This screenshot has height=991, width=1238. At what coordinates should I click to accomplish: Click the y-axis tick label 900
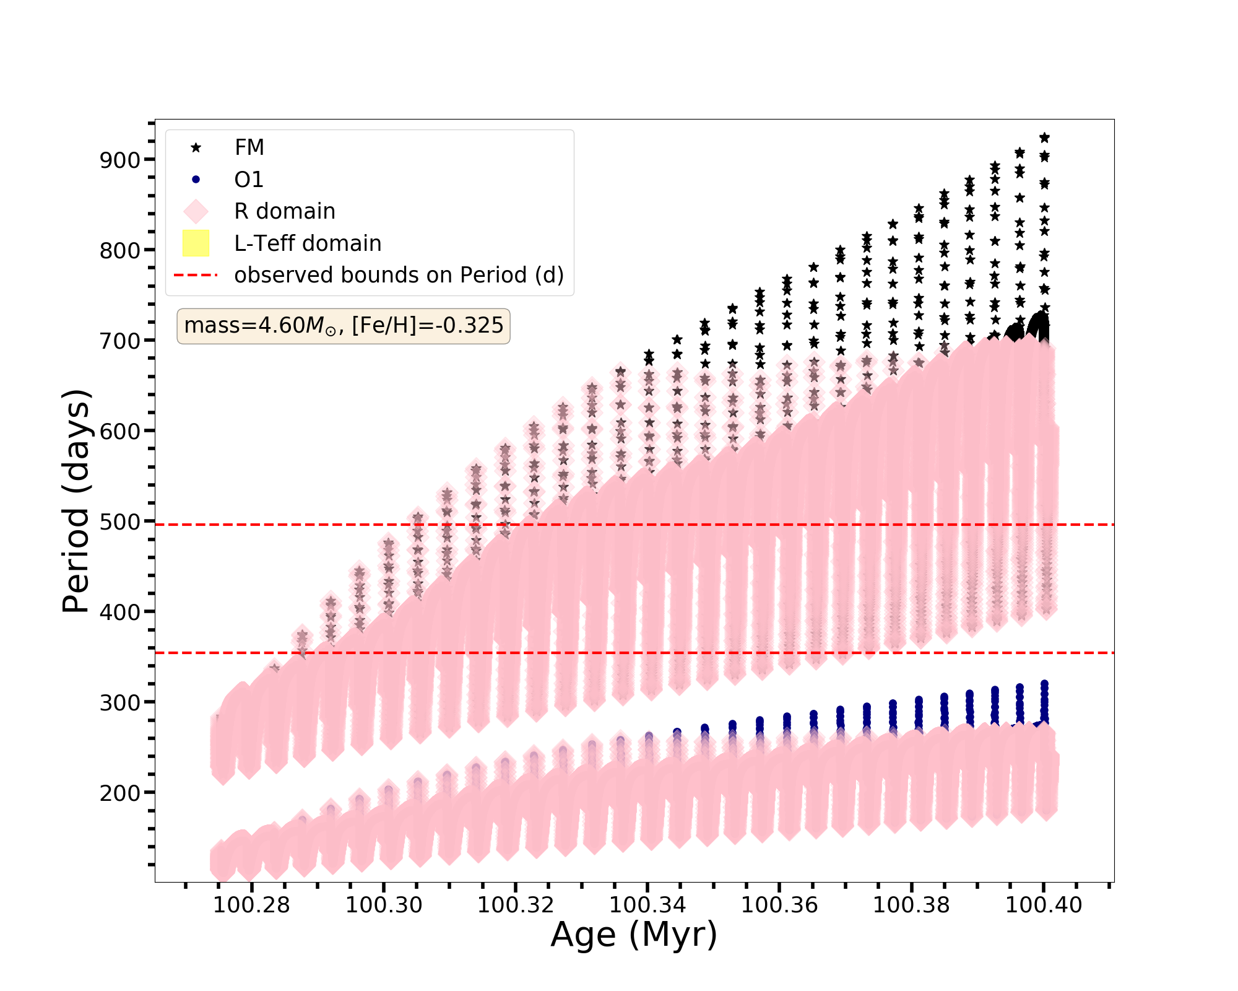click(x=120, y=160)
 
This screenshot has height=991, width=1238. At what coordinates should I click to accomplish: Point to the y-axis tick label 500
click(x=120, y=522)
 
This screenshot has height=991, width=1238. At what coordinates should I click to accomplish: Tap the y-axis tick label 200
click(x=120, y=793)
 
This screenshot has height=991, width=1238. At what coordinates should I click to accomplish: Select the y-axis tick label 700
click(x=120, y=341)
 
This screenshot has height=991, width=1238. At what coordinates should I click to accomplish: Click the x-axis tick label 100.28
click(x=251, y=905)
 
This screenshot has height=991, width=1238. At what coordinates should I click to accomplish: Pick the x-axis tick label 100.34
click(x=647, y=905)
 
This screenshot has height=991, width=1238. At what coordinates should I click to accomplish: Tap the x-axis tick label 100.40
click(x=1044, y=905)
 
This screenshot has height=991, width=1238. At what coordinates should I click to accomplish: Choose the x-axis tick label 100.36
click(x=779, y=905)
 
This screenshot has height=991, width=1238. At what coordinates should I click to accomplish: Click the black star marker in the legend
click(x=196, y=147)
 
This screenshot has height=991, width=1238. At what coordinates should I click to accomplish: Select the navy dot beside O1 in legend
click(x=196, y=180)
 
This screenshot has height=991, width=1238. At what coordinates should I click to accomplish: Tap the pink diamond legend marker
click(x=196, y=211)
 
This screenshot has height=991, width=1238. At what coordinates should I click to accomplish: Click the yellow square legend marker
click(x=196, y=243)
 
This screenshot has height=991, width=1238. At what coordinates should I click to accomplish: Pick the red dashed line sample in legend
click(x=196, y=275)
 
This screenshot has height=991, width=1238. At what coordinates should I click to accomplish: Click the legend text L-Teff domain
click(x=308, y=243)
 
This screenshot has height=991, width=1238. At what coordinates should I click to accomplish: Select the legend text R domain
click(x=285, y=211)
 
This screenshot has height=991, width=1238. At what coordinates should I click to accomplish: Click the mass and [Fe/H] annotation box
click(x=344, y=326)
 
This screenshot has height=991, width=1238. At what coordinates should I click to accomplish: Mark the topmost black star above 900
click(x=1044, y=138)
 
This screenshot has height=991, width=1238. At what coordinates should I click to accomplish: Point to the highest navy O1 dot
click(x=1044, y=684)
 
